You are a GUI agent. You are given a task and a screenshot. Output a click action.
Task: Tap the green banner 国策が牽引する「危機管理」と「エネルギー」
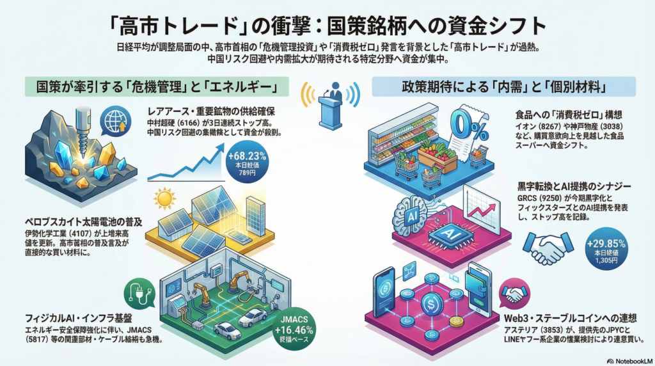[x=153, y=86]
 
